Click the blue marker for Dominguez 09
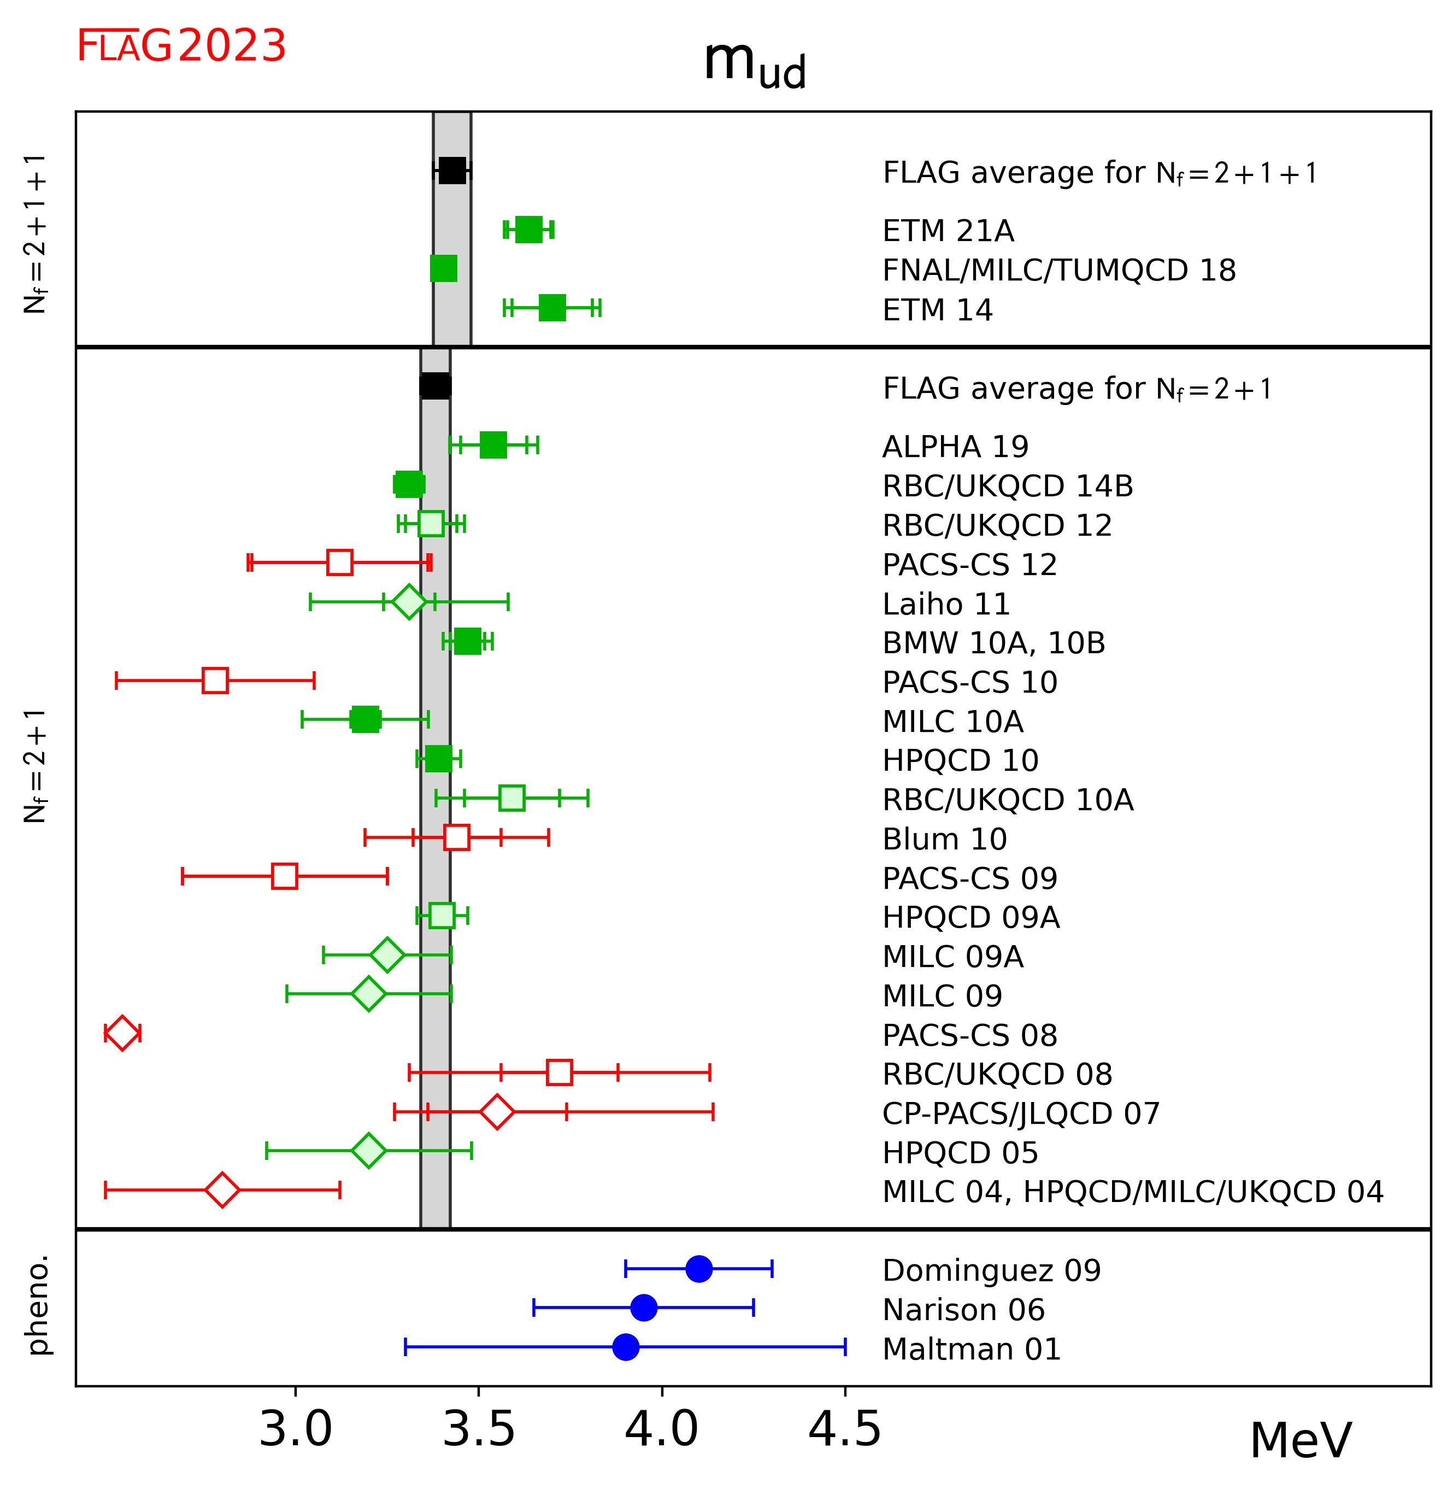[x=699, y=1269]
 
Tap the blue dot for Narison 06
[x=644, y=1308]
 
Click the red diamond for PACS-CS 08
[x=122, y=1033]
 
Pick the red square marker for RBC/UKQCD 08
[x=560, y=1072]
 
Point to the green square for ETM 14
[x=552, y=308]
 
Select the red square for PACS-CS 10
[x=215, y=680]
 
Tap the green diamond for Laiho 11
[x=409, y=602]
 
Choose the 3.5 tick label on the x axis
[x=479, y=1429]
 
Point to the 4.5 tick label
[x=845, y=1429]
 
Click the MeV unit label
[x=1301, y=1441]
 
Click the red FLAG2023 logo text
[x=181, y=46]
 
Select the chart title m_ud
[x=754, y=62]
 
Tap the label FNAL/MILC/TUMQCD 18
[x=1058, y=270]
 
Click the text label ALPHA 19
[x=955, y=447]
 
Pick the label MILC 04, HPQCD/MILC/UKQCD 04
[x=1132, y=1191]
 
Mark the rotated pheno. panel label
[x=38, y=1306]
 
